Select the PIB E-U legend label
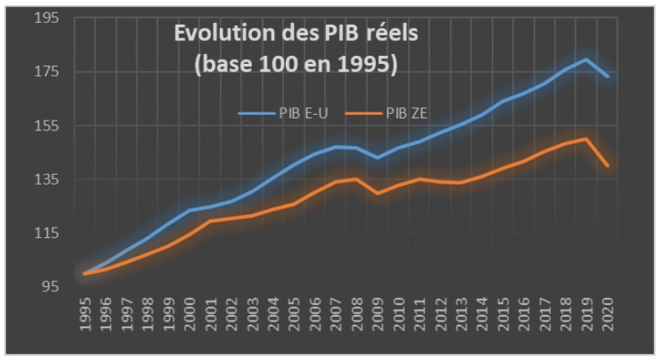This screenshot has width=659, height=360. (x=303, y=113)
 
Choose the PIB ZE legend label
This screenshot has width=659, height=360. (x=406, y=113)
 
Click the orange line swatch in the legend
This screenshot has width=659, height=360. (x=364, y=113)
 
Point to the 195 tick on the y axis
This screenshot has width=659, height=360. (x=46, y=18)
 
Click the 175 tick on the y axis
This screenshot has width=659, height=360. (x=46, y=72)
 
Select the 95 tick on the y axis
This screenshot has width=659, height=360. (x=51, y=287)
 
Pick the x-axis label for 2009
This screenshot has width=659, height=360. (x=378, y=314)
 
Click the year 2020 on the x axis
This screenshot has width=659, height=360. (x=608, y=314)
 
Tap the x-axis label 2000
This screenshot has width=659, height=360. (x=189, y=314)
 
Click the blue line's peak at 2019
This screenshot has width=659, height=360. (x=586, y=59)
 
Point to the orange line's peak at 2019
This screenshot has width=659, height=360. (x=586, y=138)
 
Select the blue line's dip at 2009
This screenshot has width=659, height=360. (x=378, y=158)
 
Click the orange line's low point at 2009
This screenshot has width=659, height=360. (x=378, y=193)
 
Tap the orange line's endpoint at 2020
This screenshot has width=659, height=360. (x=608, y=166)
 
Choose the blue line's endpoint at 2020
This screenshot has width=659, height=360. (x=608, y=76)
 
